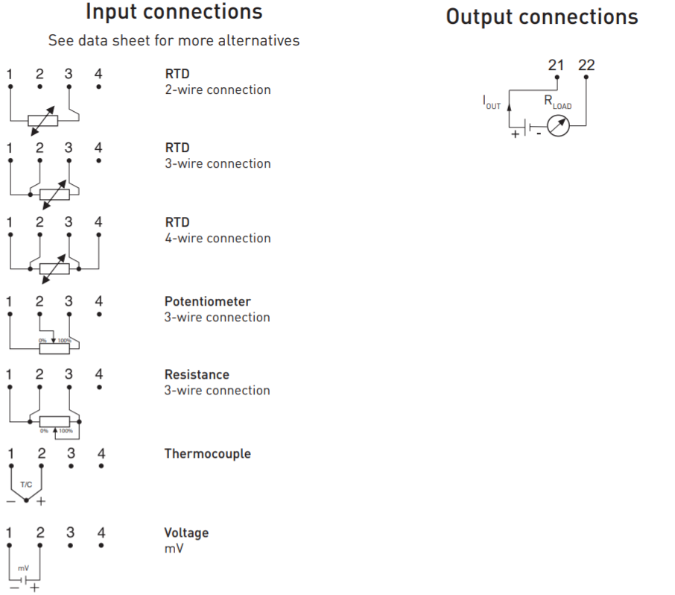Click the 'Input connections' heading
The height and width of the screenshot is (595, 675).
174,12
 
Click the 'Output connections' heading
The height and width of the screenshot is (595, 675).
542,17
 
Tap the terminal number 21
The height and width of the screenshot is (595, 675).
556,65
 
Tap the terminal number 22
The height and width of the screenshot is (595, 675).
586,65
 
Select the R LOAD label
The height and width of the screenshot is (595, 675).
558,102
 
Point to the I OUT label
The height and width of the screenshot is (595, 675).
492,103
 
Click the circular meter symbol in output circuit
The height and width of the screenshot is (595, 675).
558,125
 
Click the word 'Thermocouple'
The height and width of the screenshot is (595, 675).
208,454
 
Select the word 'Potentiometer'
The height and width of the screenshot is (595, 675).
208,301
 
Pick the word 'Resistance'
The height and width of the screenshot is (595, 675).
197,375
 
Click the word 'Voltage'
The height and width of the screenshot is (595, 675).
186,533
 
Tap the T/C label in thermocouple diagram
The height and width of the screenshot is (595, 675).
26,485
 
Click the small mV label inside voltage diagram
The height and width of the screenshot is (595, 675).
23,568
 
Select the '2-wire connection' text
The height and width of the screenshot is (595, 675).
218,90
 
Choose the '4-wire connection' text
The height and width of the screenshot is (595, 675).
218,239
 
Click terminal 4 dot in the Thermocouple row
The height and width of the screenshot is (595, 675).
101,466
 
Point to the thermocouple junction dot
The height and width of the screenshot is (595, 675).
26,500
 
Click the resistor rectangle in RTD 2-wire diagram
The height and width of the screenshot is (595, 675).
42,121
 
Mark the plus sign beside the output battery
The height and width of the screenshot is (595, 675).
516,134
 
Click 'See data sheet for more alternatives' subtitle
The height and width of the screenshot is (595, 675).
174,40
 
